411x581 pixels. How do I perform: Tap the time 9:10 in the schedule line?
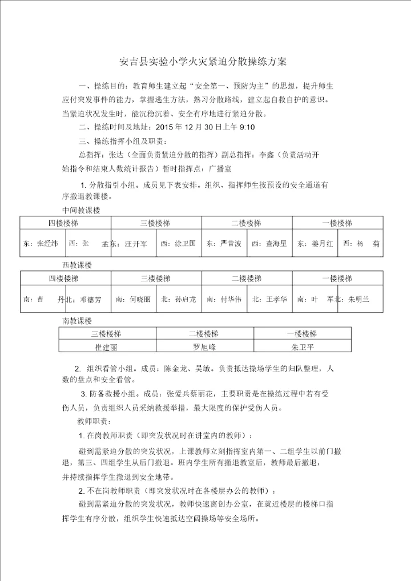[x=246, y=127]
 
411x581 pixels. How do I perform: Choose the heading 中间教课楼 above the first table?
[x=81, y=210]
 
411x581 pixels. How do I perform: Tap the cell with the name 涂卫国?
[x=179, y=243]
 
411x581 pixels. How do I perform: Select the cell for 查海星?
[x=269, y=243]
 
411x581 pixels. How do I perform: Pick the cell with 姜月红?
[x=315, y=243]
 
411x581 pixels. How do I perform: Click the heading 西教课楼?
[x=77, y=265]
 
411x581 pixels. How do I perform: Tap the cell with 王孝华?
[x=269, y=299]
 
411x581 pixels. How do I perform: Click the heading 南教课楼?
[x=77, y=321]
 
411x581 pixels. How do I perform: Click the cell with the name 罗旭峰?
[x=204, y=346]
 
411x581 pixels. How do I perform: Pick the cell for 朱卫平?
[x=302, y=346]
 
